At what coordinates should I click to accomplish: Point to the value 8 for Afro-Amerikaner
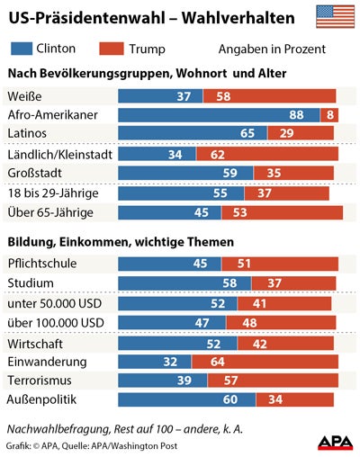coord(330,115)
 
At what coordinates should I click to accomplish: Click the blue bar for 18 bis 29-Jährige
coord(171,193)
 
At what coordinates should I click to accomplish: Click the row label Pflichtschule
coord(42,264)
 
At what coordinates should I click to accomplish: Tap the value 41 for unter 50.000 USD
coord(258,303)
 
